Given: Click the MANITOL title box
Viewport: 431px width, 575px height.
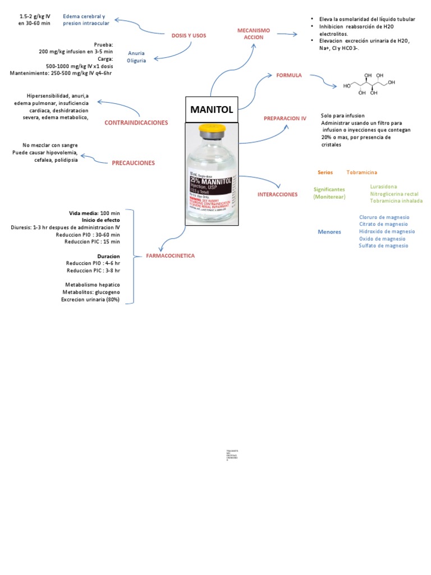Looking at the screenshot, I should pyautogui.click(x=212, y=109).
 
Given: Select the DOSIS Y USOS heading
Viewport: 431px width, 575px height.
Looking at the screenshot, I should pyautogui.click(x=189, y=35).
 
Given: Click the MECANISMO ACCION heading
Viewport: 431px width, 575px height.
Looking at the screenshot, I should pyautogui.click(x=253, y=33).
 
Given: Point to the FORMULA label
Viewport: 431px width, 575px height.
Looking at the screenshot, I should pyautogui.click(x=288, y=75).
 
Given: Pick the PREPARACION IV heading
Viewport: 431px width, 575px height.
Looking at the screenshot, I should pyautogui.click(x=285, y=118).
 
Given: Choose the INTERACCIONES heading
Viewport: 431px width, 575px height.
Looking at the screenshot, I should pyautogui.click(x=277, y=194).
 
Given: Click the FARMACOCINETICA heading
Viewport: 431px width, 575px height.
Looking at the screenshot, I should pyautogui.click(x=170, y=255).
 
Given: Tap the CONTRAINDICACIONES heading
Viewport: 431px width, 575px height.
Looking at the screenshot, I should pyautogui.click(x=136, y=122).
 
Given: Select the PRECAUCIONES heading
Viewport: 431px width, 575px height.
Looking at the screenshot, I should pyautogui.click(x=133, y=163).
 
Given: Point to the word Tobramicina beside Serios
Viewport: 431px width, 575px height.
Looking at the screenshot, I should pyautogui.click(x=362, y=172).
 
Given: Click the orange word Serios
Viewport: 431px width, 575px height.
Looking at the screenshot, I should pyautogui.click(x=325, y=172).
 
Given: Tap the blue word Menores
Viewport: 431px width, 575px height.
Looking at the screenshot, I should pyautogui.click(x=329, y=231).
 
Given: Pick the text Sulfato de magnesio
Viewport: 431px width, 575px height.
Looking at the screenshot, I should pyautogui.click(x=384, y=245).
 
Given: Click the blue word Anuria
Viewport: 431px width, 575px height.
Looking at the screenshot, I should pyautogui.click(x=136, y=53).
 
